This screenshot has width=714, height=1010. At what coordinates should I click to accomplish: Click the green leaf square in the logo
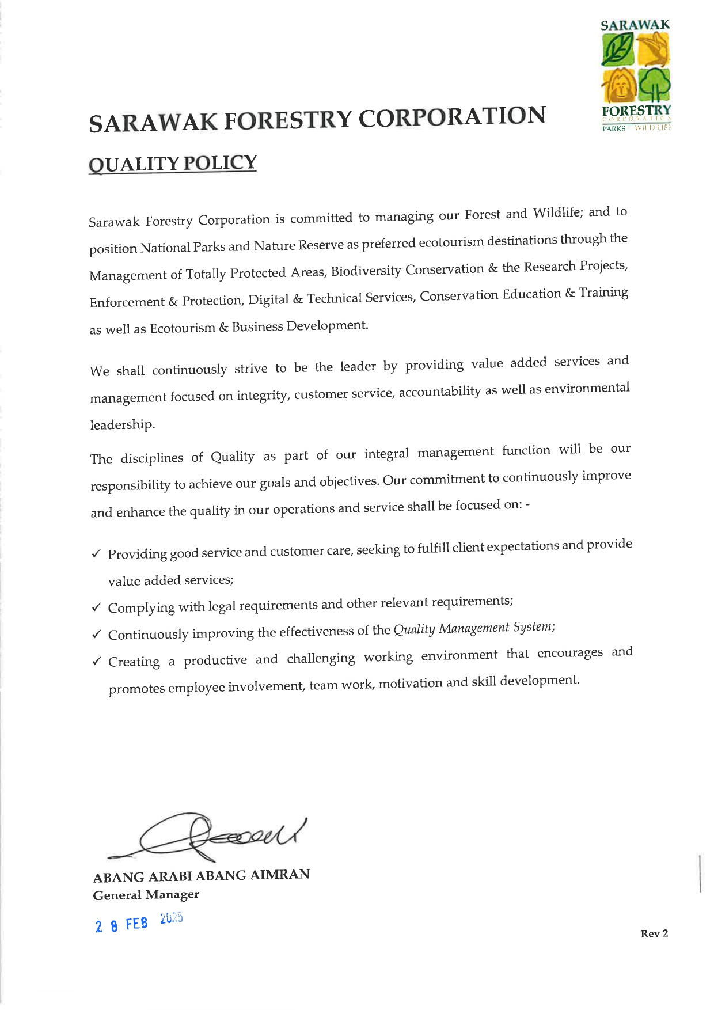click(618, 50)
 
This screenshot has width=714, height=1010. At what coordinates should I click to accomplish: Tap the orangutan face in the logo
click(618, 86)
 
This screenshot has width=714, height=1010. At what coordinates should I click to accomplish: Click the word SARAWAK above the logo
click(635, 25)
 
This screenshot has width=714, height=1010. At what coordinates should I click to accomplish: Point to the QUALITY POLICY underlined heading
click(173, 164)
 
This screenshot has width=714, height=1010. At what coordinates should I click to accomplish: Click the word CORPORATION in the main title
click(452, 117)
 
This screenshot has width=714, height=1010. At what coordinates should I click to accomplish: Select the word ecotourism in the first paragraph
click(451, 242)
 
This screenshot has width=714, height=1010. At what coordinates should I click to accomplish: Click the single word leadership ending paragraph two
click(122, 425)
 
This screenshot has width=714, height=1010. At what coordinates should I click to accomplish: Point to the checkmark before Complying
click(97, 607)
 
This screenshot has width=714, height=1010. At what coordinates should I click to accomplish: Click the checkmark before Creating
click(97, 661)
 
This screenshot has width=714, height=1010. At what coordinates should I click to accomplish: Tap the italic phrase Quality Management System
click(474, 628)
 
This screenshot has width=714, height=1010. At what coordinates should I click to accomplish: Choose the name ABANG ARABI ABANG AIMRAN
click(201, 876)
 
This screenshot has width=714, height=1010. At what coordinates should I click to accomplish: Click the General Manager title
click(146, 895)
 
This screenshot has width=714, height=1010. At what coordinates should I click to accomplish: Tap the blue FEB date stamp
click(138, 922)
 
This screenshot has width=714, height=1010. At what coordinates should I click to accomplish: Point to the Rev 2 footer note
click(654, 933)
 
